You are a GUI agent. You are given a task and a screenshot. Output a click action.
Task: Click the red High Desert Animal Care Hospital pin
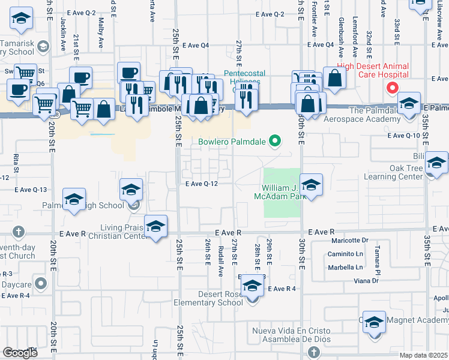point(393,88)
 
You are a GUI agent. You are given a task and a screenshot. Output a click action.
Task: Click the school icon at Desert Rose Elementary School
point(253,287)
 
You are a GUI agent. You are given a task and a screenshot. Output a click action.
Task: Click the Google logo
point(20,353)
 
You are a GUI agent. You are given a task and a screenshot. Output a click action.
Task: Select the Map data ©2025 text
point(424,355)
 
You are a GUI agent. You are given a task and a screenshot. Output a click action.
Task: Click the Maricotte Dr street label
point(349,241)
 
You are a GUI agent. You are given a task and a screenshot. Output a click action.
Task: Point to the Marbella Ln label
point(345,267)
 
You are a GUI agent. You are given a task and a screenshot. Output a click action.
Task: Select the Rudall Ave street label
point(221,262)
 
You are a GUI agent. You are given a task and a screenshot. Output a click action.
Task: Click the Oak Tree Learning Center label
point(394,172)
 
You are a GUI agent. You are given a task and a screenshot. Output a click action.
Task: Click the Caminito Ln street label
point(345,254)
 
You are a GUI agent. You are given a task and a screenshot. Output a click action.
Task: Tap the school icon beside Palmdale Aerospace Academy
point(409,106)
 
